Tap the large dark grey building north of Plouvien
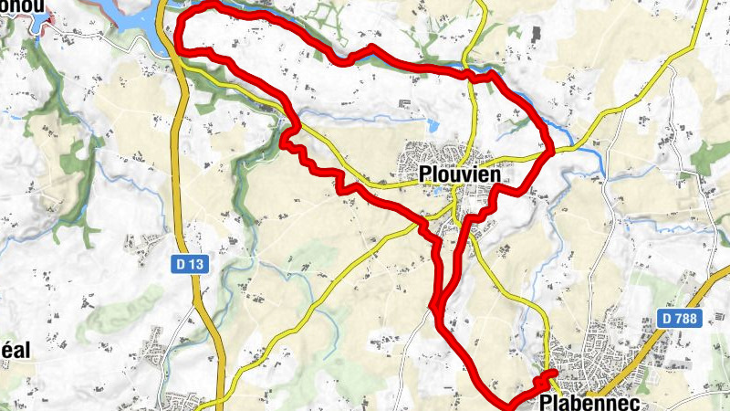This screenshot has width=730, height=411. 534,34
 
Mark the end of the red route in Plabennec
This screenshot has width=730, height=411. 554,374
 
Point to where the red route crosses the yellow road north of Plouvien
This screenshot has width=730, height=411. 474,77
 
